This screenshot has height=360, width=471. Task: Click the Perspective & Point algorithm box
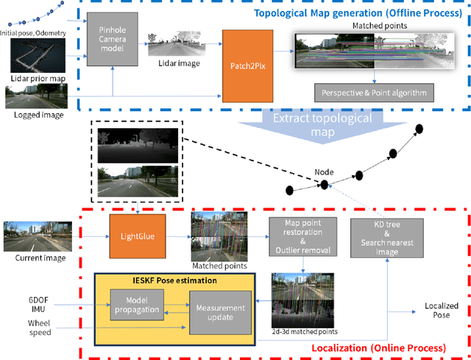374,93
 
